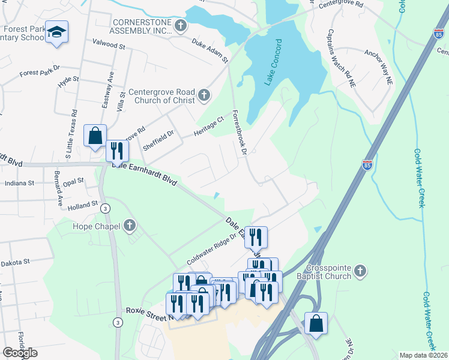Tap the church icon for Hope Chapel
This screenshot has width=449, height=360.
coord(129,226)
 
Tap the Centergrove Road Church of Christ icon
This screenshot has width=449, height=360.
coord(204,95)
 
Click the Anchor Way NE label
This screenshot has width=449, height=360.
coord(378,67)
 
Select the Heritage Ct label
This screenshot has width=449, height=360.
coord(208,125)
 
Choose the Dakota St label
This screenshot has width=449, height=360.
coord(15,262)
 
